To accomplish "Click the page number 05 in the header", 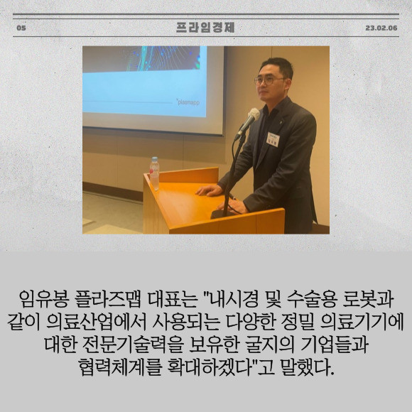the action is (21, 28).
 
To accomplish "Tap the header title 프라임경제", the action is (205, 28).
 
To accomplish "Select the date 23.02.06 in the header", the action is (381, 28).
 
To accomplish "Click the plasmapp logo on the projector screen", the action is (188, 102).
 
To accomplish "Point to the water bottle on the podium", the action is (154, 173).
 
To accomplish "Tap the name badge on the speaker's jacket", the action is (273, 139).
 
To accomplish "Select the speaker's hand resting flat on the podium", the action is (209, 190).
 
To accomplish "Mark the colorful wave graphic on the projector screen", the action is (163, 58).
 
